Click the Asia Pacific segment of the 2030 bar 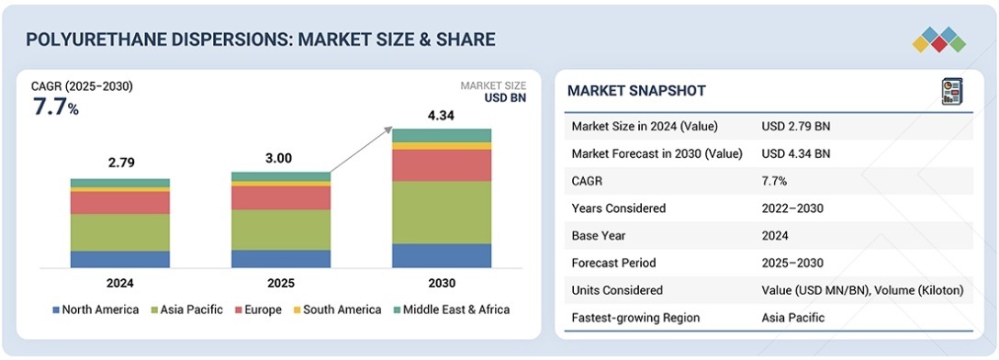tap(442, 212)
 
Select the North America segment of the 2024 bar tap(119, 259)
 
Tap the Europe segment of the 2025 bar tap(281, 198)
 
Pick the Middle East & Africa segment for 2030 tap(442, 135)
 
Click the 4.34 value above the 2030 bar tap(442, 116)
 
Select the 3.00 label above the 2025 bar tap(278, 159)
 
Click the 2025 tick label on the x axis tap(281, 283)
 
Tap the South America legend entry tap(336, 310)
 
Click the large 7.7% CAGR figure tap(55, 107)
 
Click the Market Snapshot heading tap(636, 91)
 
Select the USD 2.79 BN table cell tap(796, 126)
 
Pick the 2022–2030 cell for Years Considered tap(792, 208)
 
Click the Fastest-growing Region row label tap(635, 318)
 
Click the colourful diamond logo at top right tap(939, 39)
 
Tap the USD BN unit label tap(505, 98)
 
